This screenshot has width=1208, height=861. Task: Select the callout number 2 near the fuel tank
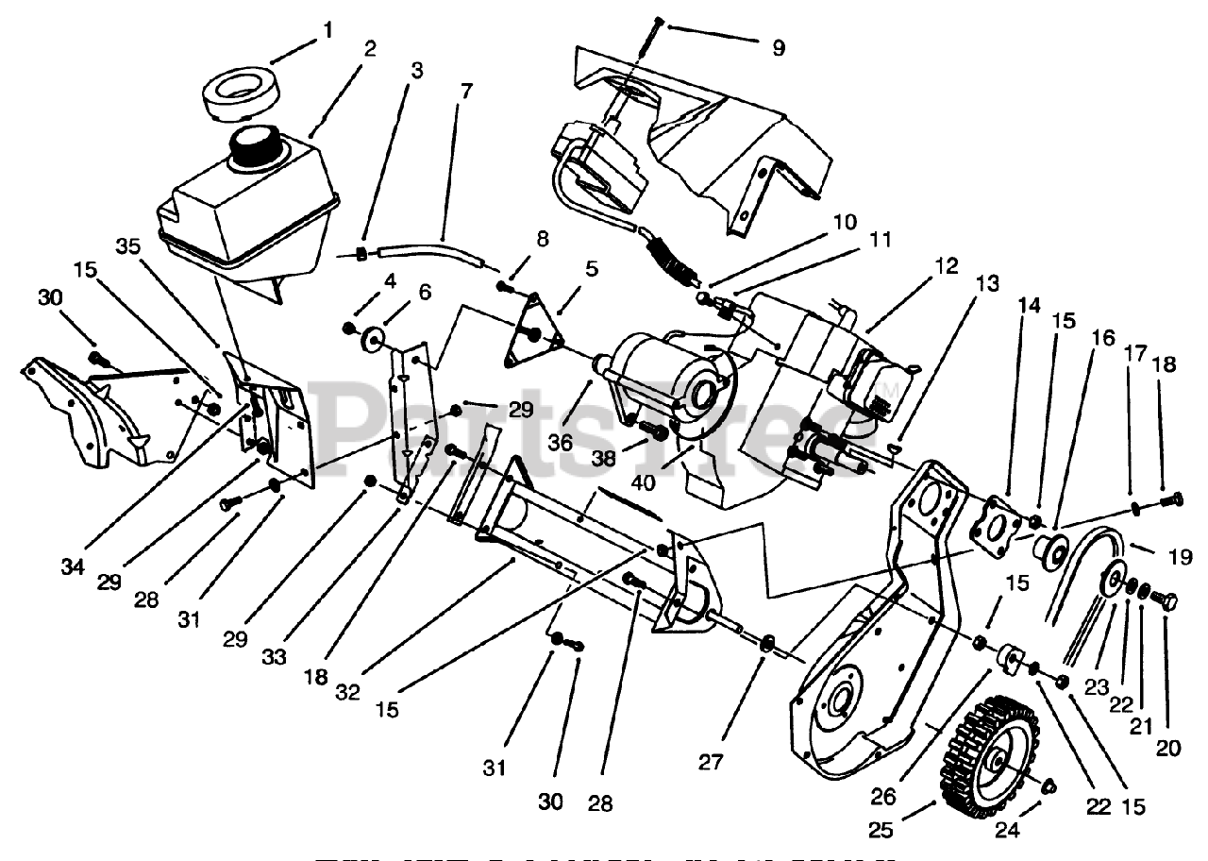pyautogui.click(x=369, y=49)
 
